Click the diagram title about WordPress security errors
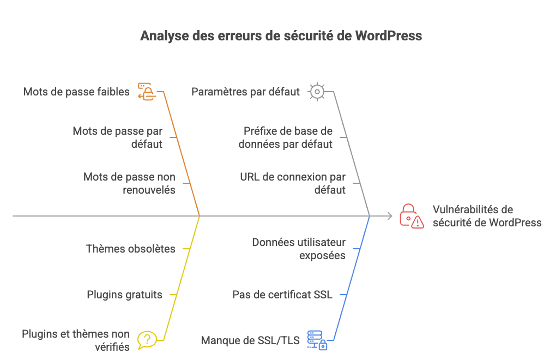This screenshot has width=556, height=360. pos(281,36)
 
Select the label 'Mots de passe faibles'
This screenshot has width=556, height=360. pos(76,92)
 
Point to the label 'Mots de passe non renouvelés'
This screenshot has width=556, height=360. pos(130,183)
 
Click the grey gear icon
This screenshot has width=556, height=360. pos(317,92)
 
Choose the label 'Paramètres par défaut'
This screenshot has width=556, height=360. pos(245,92)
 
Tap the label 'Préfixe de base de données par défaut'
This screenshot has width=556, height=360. pos(286,137)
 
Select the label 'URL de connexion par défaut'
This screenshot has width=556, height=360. pos(293,183)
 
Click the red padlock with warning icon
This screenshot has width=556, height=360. pos(412,216)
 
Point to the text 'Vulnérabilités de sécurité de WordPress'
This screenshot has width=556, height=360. pos(487,216)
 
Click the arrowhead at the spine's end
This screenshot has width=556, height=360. pos(389,217)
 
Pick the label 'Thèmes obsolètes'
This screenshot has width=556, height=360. pos(131,249)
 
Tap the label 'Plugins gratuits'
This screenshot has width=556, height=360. pos(124,295)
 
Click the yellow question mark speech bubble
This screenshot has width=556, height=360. pos(146,340)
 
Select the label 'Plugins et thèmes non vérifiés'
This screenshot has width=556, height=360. pos(76,340)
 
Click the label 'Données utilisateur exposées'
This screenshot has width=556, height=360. pos(299,249)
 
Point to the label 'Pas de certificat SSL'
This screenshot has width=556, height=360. pos(282,295)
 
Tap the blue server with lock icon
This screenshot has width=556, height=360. pos(317,340)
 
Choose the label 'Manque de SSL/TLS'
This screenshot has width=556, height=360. pos(250,340)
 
